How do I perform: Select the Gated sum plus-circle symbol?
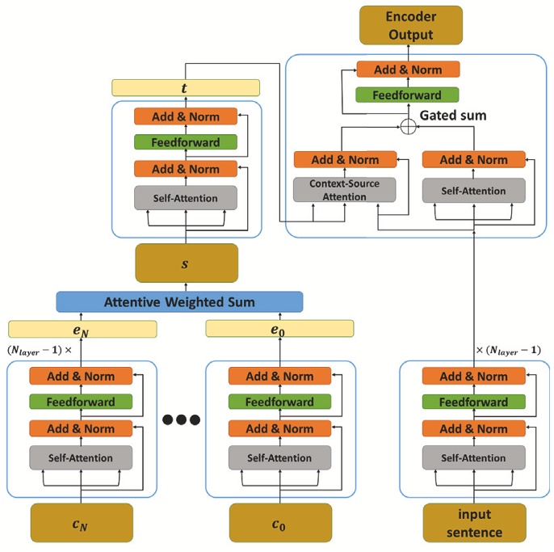tap(409, 125)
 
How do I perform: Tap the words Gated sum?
tap(453, 116)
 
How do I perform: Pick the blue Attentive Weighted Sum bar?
tap(179, 302)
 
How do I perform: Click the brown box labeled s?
tap(187, 263)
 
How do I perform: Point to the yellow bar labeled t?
tap(186, 87)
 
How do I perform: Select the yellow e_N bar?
tap(82, 328)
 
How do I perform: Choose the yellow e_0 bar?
tap(279, 328)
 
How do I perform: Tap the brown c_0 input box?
tap(279, 523)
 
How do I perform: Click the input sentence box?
tap(473, 523)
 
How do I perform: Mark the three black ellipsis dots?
tap(181, 419)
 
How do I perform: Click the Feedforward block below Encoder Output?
tap(407, 95)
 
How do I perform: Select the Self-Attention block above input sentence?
tap(473, 457)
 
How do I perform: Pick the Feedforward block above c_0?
tap(279, 402)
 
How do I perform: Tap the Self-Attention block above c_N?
tap(82, 457)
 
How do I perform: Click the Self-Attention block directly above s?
tap(187, 198)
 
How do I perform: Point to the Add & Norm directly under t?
tap(187, 116)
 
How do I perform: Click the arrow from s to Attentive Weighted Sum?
tap(187, 288)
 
